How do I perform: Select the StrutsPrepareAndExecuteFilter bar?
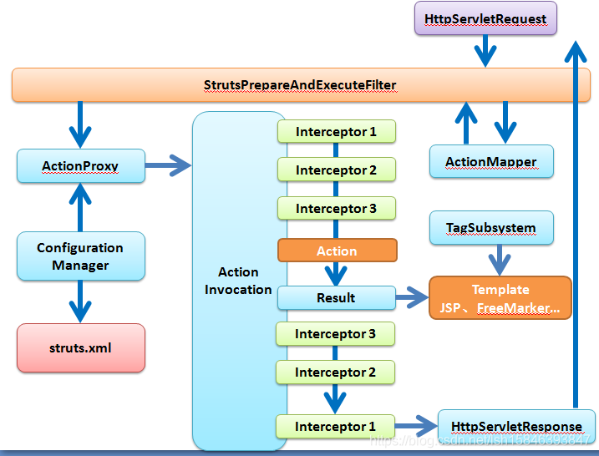click(300, 85)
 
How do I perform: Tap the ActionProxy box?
click(80, 166)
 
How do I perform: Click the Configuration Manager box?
click(80, 256)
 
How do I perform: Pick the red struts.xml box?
click(80, 347)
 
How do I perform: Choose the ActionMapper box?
click(490, 161)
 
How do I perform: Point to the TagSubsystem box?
click(490, 227)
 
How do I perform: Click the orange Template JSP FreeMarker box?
click(500, 298)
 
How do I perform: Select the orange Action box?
click(337, 251)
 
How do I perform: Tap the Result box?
click(336, 297)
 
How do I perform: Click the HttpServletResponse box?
click(516, 426)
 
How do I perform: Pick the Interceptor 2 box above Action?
click(336, 170)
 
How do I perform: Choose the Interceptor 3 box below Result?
click(336, 334)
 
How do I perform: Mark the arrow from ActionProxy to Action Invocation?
click(169, 166)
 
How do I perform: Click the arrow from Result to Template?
click(411, 297)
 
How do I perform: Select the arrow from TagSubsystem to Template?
click(500, 260)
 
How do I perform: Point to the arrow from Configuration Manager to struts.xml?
click(80, 301)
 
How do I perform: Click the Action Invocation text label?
click(239, 281)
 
